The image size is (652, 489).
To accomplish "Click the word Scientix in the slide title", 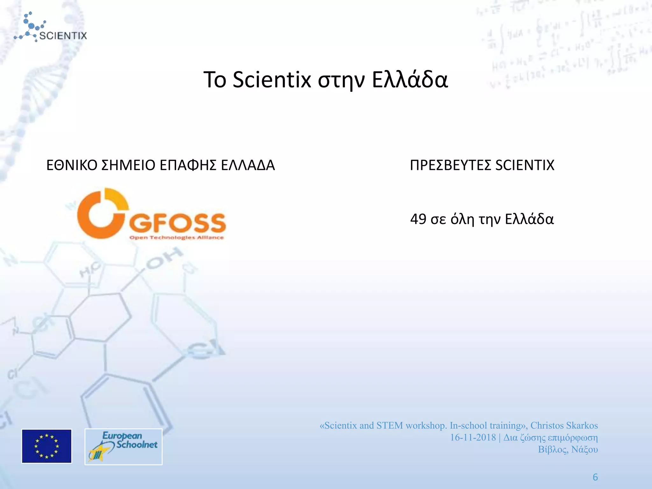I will (x=272, y=80).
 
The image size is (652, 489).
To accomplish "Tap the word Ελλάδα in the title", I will (x=410, y=80).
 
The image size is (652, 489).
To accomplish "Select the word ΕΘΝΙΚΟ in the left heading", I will (x=72, y=165).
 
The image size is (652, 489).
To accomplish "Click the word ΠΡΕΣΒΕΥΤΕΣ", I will (x=450, y=165).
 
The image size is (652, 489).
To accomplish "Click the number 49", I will (x=418, y=219).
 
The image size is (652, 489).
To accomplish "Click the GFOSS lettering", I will (x=178, y=223).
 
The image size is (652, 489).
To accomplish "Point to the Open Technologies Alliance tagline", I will (x=177, y=238).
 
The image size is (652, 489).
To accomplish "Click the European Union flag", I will (x=47, y=446).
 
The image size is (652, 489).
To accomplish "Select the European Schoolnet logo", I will (x=124, y=446).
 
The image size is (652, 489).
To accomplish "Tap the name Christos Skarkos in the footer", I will (x=564, y=426).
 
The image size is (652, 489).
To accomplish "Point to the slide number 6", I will (x=595, y=477).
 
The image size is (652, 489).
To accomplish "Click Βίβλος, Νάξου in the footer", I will (x=568, y=450).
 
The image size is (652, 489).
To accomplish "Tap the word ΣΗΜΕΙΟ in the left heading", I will (x=128, y=165).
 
